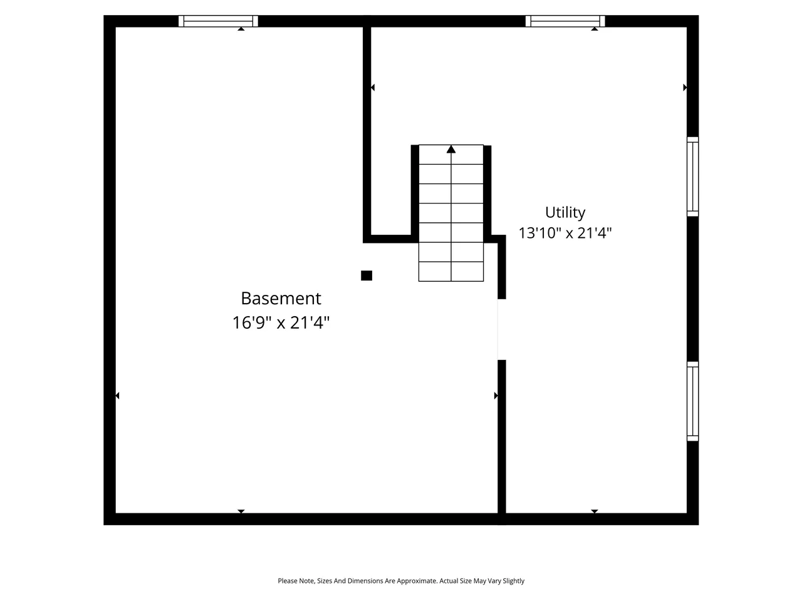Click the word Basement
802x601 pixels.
tap(281, 298)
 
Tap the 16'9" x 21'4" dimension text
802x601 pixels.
tap(281, 322)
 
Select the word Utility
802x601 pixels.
tap(565, 212)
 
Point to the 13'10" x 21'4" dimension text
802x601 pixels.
tap(565, 233)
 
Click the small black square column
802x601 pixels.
tap(367, 275)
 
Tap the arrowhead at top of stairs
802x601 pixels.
tap(451, 149)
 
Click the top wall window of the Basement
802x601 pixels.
tap(218, 21)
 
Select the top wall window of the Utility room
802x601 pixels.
tap(565, 21)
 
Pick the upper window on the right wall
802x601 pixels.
tap(693, 177)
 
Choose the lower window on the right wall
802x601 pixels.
tap(693, 401)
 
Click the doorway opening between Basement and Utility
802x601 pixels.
tap(502, 329)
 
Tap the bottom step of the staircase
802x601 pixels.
tap(451, 272)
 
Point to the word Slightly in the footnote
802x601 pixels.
tap(513, 580)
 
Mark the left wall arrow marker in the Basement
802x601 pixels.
tap(117, 396)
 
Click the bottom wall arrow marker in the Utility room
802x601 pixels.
tap(595, 511)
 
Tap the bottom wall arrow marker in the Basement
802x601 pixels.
tap(241, 511)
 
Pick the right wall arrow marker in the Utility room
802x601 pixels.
tap(685, 88)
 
